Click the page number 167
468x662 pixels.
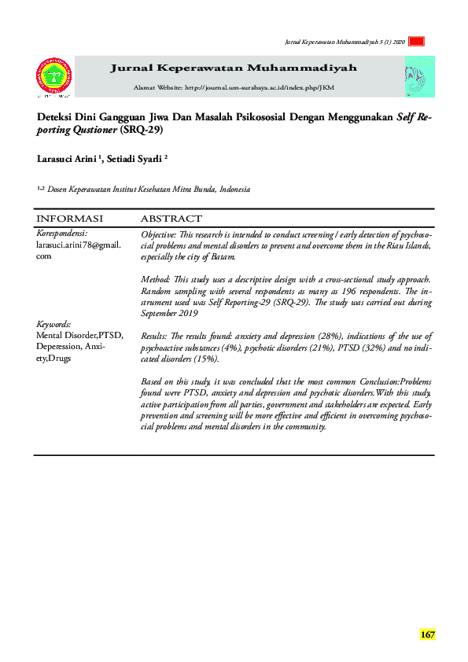tap(427, 634)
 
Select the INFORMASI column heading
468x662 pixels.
tap(70, 219)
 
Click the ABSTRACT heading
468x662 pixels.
tap(171, 219)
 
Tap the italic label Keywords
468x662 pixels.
tap(54, 324)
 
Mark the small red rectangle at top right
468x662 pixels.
tap(418, 42)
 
